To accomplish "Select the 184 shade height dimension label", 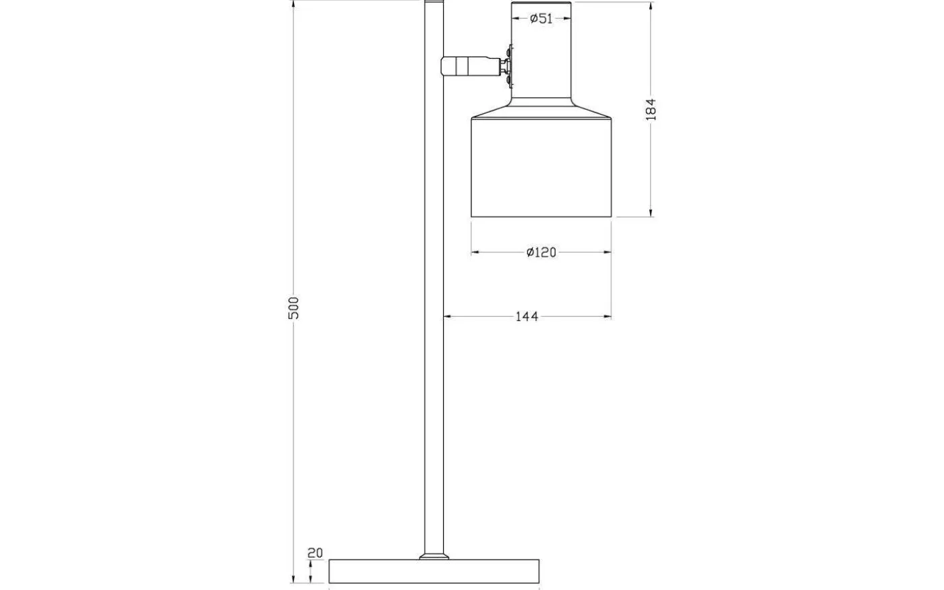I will point(651,109).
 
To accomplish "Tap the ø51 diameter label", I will point(541,19).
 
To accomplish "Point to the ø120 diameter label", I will point(541,252).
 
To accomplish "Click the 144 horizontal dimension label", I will point(527,316).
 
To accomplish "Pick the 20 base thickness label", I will point(315,553).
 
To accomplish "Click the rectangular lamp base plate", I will point(434,571).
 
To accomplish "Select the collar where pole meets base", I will point(434,556).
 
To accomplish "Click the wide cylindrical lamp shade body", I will point(541,169).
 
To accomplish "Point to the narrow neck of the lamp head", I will point(541,61).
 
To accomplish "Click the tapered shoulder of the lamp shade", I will point(541,110).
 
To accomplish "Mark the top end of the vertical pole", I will point(434,5).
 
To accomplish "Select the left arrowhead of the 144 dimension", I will point(447,316).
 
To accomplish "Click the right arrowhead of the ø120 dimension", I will point(608,252).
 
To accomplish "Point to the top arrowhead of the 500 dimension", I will point(293,5).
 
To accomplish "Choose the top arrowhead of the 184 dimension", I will point(651,6).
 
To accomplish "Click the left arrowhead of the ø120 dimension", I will point(475,252).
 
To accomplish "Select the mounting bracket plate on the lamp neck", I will point(510,66).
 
